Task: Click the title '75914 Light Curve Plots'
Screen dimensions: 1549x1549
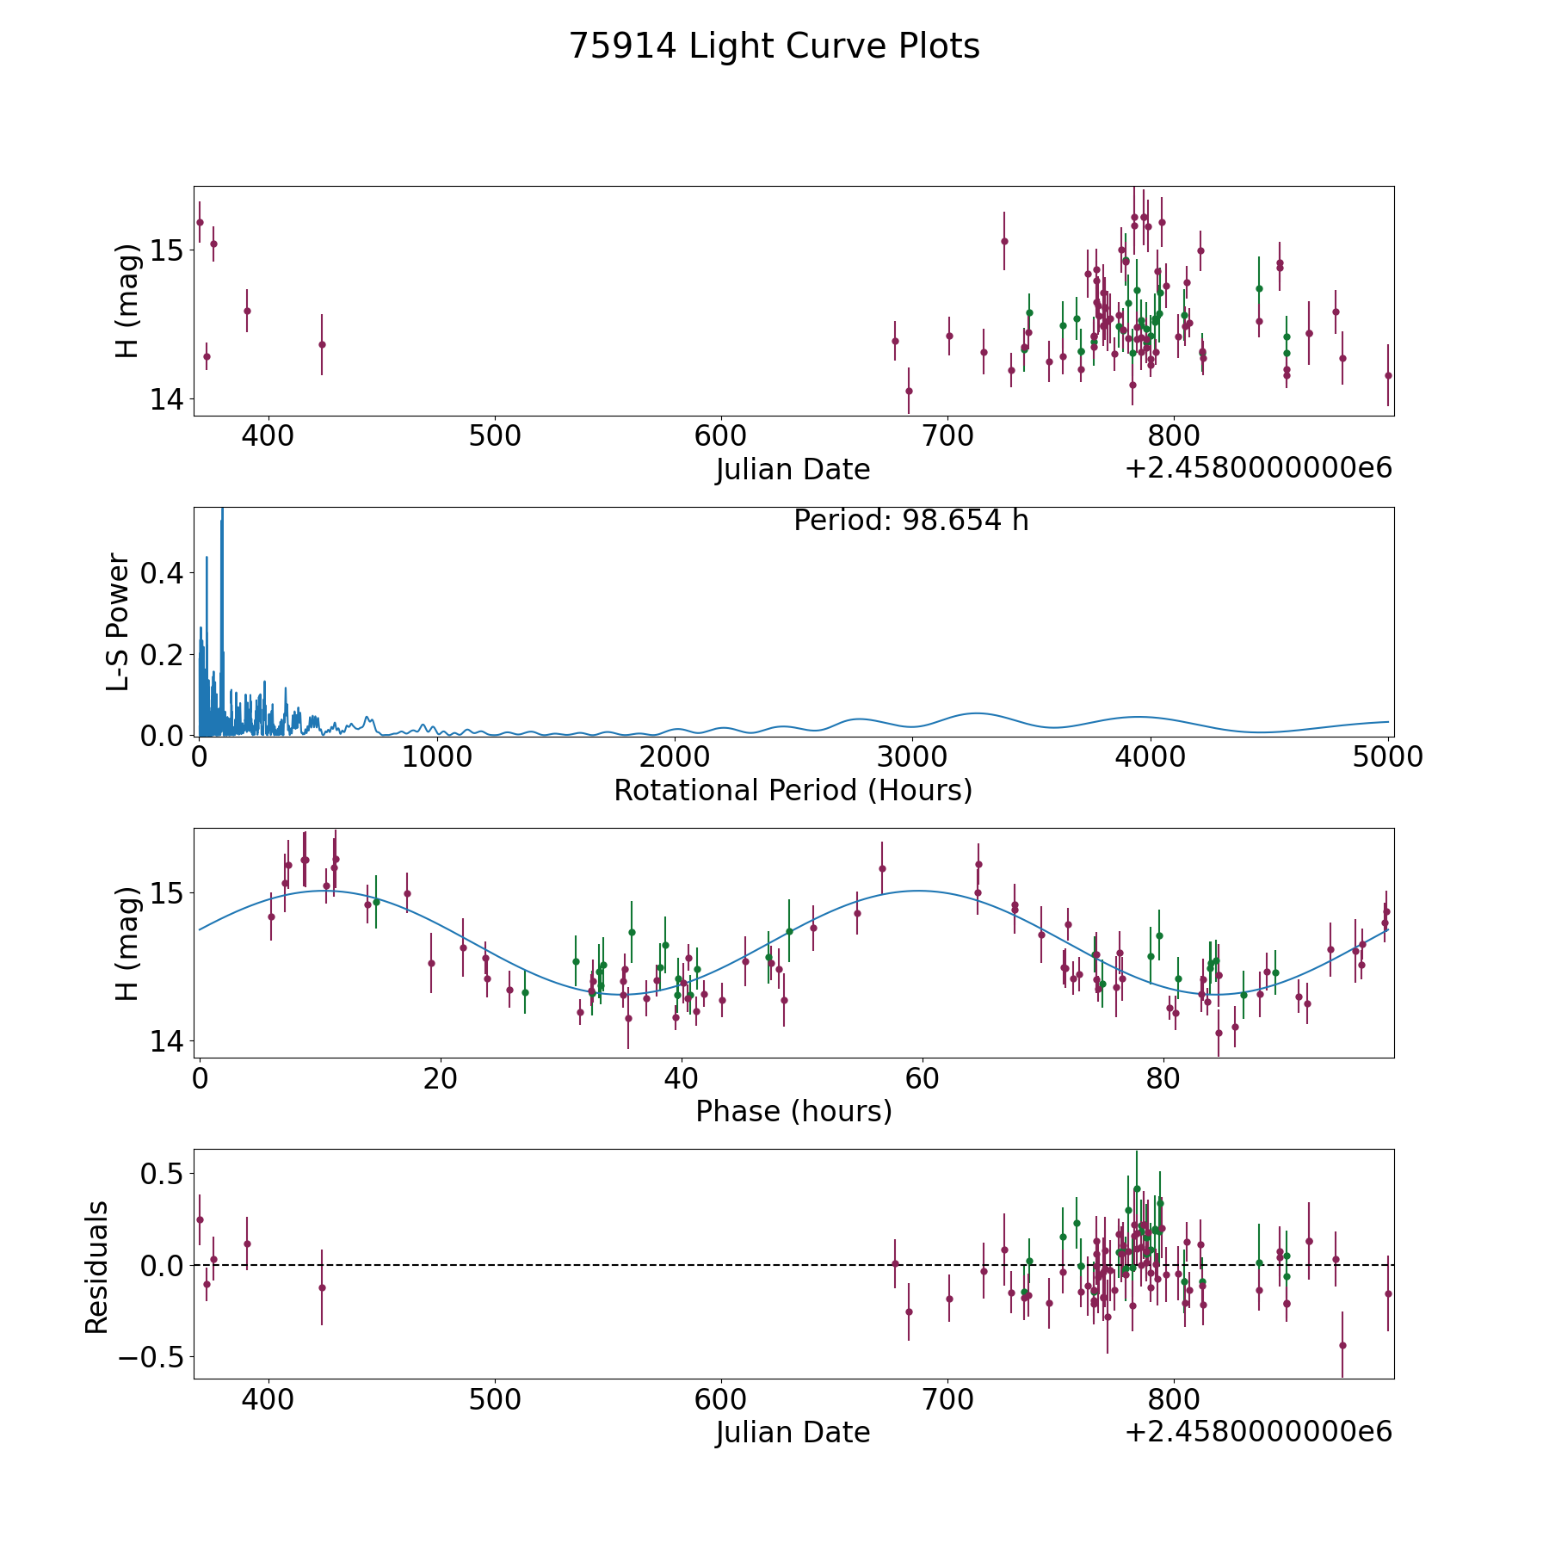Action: coord(774,46)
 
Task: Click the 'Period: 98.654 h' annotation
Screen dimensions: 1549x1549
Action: coord(910,521)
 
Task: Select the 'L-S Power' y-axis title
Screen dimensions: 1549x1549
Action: coord(119,621)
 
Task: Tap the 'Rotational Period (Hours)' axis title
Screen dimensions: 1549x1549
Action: coord(793,790)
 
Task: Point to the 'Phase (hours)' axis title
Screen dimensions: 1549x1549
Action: coord(793,1111)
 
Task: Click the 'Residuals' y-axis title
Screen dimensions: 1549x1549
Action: coord(97,1267)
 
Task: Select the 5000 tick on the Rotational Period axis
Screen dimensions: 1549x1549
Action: coord(1387,757)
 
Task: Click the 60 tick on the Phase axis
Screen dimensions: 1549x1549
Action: coord(922,1079)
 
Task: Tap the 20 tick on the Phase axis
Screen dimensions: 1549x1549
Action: coord(441,1079)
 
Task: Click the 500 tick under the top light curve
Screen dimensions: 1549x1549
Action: coord(495,436)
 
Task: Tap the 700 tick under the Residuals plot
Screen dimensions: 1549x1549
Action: coord(947,1399)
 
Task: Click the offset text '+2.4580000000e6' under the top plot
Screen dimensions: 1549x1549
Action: coord(1258,469)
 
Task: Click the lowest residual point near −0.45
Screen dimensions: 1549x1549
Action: coord(1342,1345)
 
